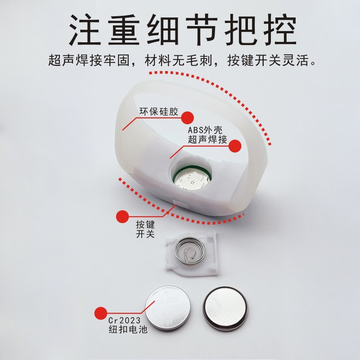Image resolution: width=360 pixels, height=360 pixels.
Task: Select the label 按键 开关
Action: [x=144, y=229]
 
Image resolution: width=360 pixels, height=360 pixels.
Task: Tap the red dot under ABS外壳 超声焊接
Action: [x=235, y=145]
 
